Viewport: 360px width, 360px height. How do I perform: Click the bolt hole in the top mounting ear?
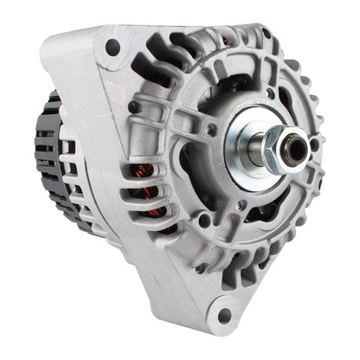click(x=112, y=47)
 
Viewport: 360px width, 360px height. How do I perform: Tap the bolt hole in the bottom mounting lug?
click(x=225, y=316)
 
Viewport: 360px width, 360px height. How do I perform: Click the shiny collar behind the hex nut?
click(x=257, y=147)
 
